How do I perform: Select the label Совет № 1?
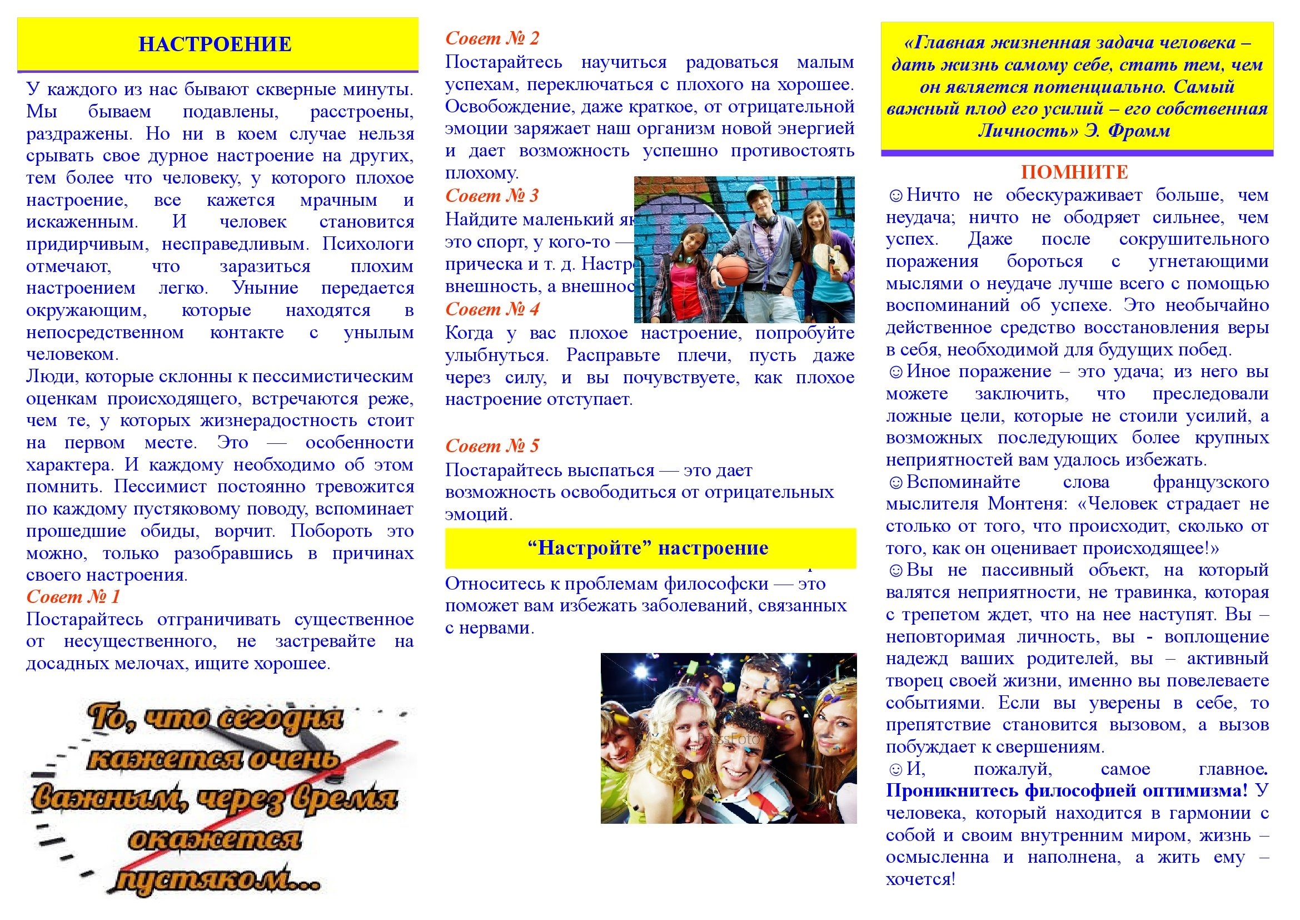coord(73,596)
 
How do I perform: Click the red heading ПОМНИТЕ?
coord(1075,172)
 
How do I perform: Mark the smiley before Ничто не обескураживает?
coord(895,196)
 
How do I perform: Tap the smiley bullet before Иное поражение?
coord(895,372)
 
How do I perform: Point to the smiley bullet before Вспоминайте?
coord(895,483)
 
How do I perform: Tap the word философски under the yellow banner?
coord(716,583)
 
